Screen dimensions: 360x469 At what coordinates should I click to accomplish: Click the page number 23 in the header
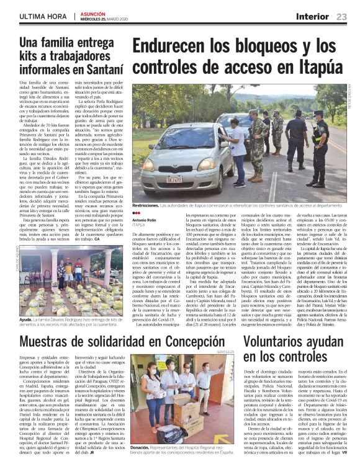pos(341,16)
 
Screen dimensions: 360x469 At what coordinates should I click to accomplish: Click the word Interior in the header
pos(313,16)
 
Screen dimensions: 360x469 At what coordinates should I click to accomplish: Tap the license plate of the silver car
pos(174,179)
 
